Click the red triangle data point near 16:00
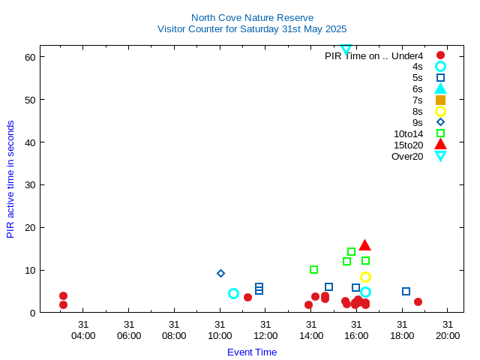pos(365,245)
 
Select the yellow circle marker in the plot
pos(365,277)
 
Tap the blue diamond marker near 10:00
pos(220,274)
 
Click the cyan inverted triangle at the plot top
pos(346,50)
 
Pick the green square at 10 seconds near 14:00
pos(313,270)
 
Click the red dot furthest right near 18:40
pos(418,302)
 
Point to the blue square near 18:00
pos(406,292)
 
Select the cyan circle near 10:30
pos(233,294)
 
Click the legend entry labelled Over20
pos(407,156)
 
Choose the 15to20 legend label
pos(409,145)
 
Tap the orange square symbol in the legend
pos(440,100)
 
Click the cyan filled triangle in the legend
pos(440,88)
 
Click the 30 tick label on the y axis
pos(30,184)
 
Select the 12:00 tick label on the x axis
pos(265,335)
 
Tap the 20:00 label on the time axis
pos(448,335)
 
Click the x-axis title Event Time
pos(252,352)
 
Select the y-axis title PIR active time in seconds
pos(10,179)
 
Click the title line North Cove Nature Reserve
pos(252,17)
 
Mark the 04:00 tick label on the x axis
pos(83,335)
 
